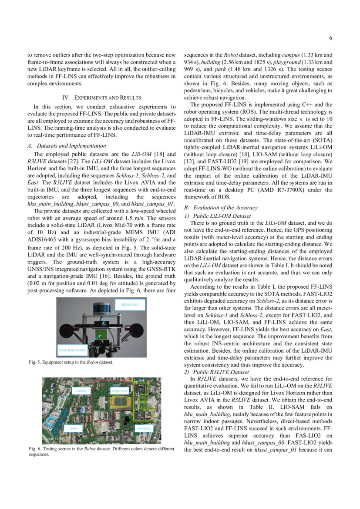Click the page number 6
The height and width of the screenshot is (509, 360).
pyautogui.click(x=331, y=38)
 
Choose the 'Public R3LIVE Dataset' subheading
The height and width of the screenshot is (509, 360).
pyautogui.click(x=217, y=372)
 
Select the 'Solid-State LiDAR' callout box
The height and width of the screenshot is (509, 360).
pyautogui.click(x=73, y=350)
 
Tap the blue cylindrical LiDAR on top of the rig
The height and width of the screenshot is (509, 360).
pyautogui.click(x=101, y=310)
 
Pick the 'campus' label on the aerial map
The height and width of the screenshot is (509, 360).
pyautogui.click(x=81, y=391)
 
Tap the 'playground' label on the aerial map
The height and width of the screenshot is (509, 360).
pyautogui.click(x=119, y=391)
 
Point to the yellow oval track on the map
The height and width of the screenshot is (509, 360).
pyautogui.click(x=120, y=401)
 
